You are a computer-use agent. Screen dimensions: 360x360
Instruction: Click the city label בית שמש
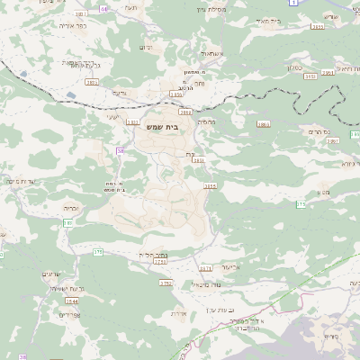point(162,128)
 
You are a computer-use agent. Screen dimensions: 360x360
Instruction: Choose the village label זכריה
point(73,208)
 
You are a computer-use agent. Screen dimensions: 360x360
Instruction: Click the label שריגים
point(51,274)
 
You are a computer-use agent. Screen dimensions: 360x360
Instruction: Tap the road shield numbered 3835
point(198,161)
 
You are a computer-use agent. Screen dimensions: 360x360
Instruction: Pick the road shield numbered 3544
point(72,301)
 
